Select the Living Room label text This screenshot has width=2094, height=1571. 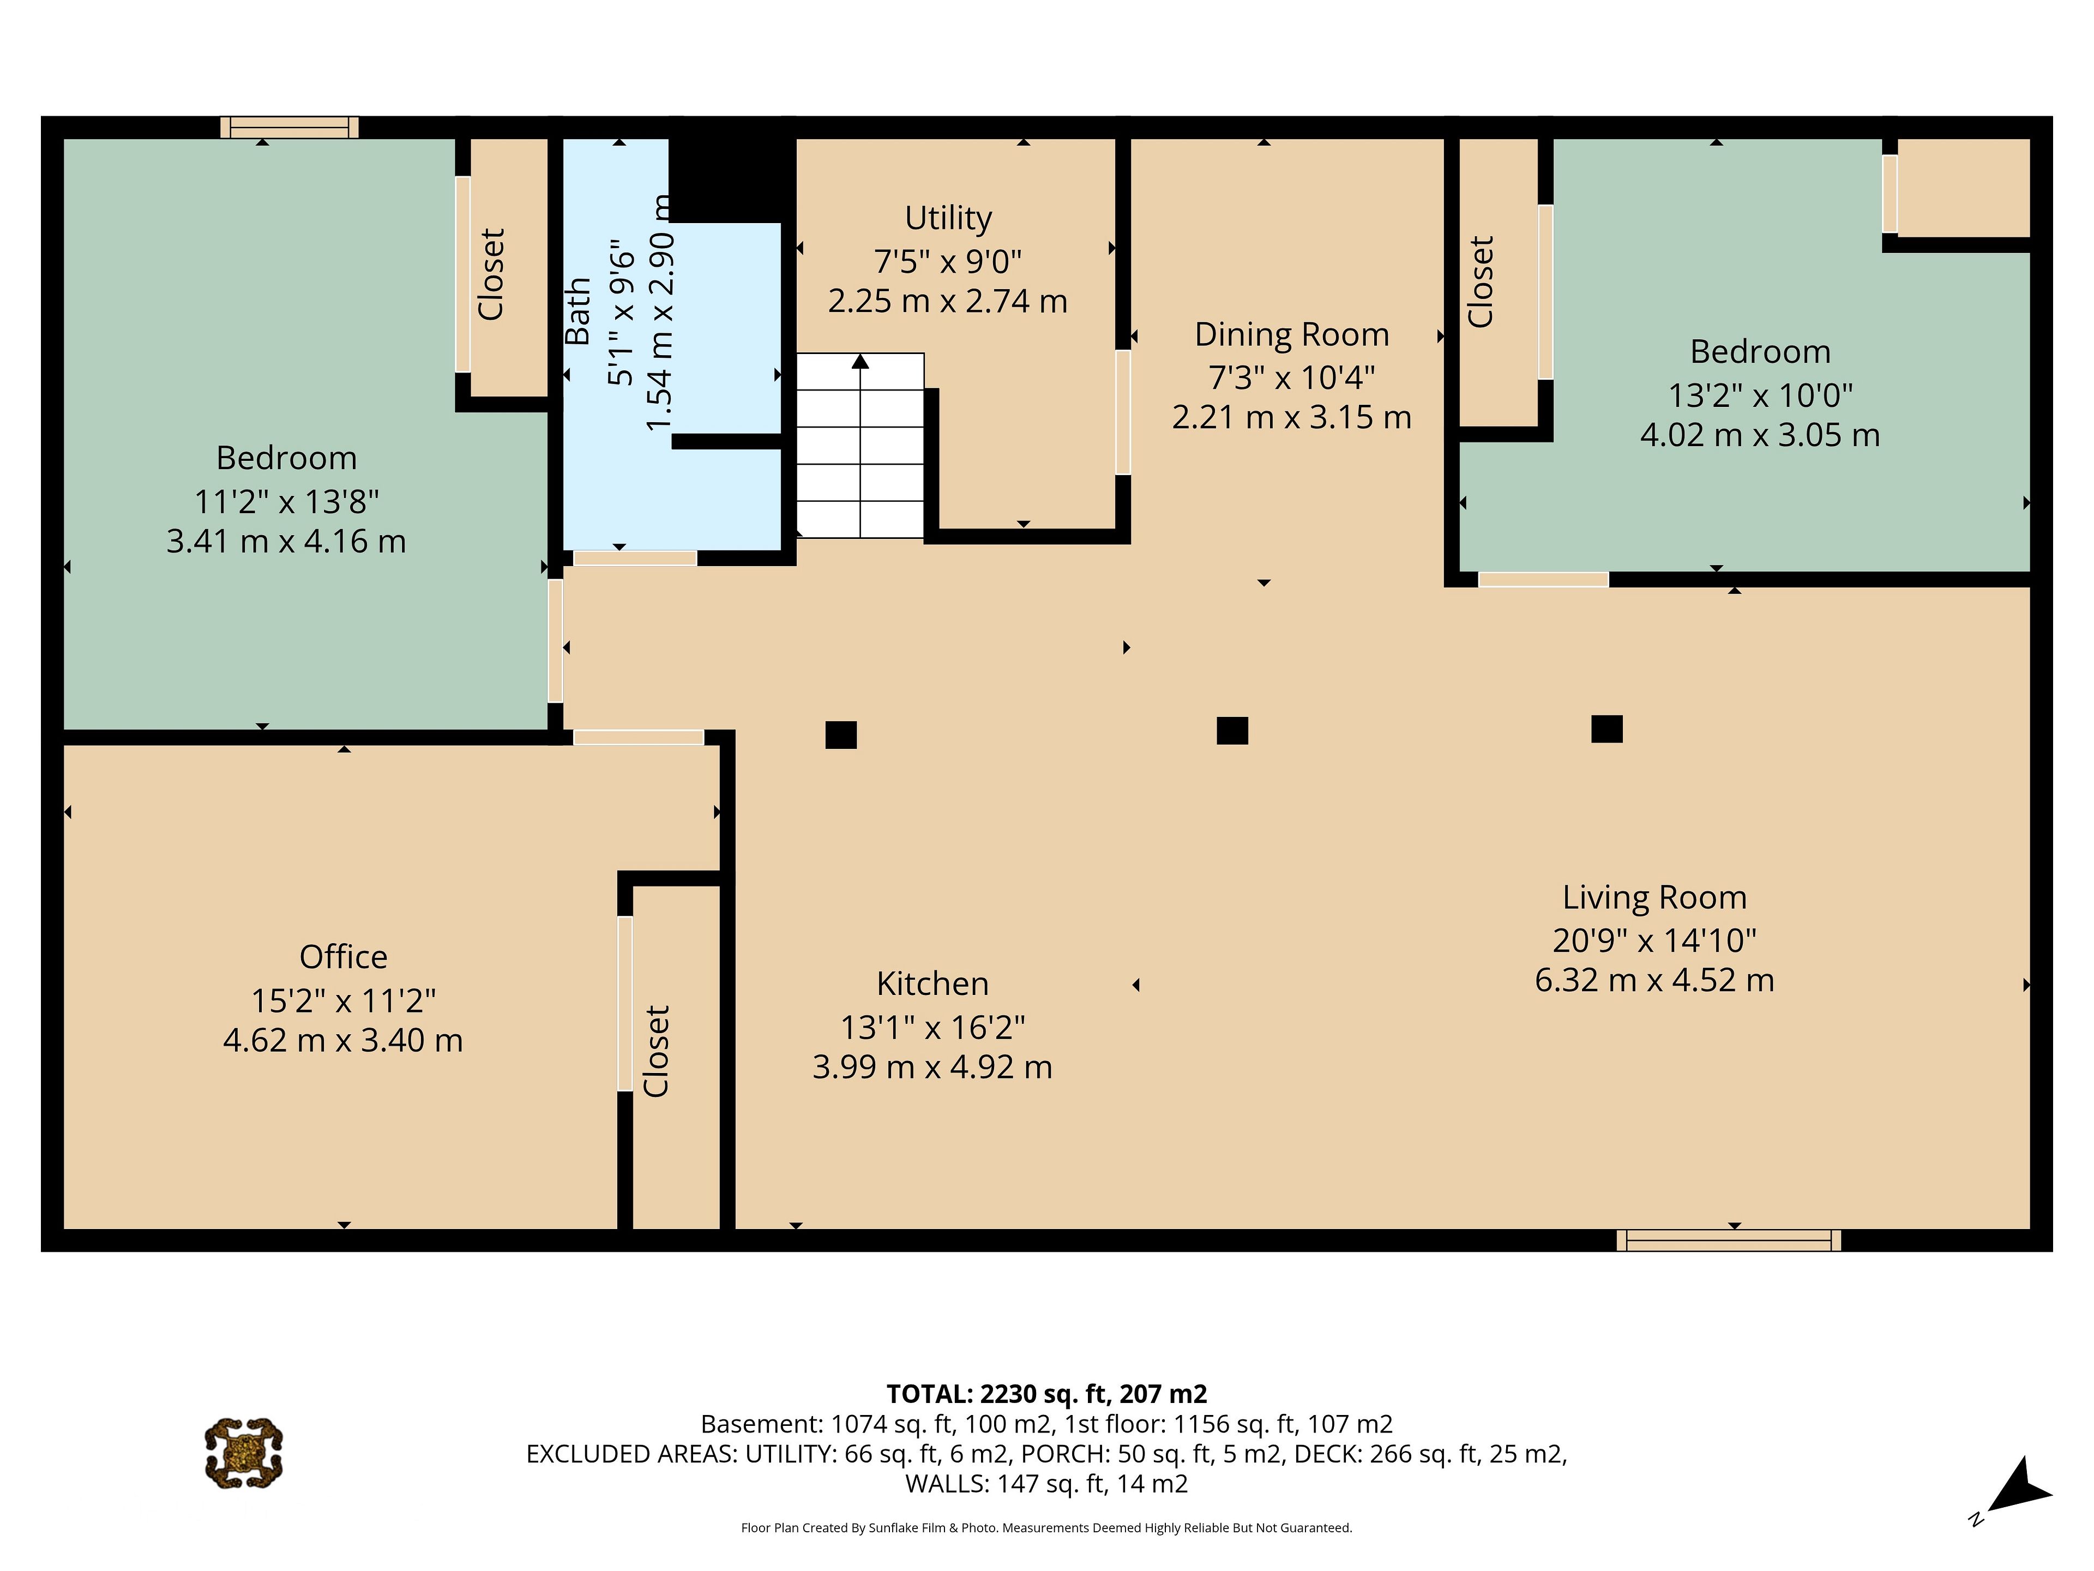coord(1654,897)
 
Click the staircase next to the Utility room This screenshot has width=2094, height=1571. coord(859,445)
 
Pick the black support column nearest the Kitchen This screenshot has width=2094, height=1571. coord(841,735)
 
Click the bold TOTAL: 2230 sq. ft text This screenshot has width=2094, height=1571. coord(1046,1394)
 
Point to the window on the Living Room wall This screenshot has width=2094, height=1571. coord(1729,1240)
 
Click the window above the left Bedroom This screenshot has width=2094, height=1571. coord(290,127)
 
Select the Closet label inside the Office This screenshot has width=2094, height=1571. coord(656,1051)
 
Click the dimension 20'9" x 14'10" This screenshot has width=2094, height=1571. coord(1654,940)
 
